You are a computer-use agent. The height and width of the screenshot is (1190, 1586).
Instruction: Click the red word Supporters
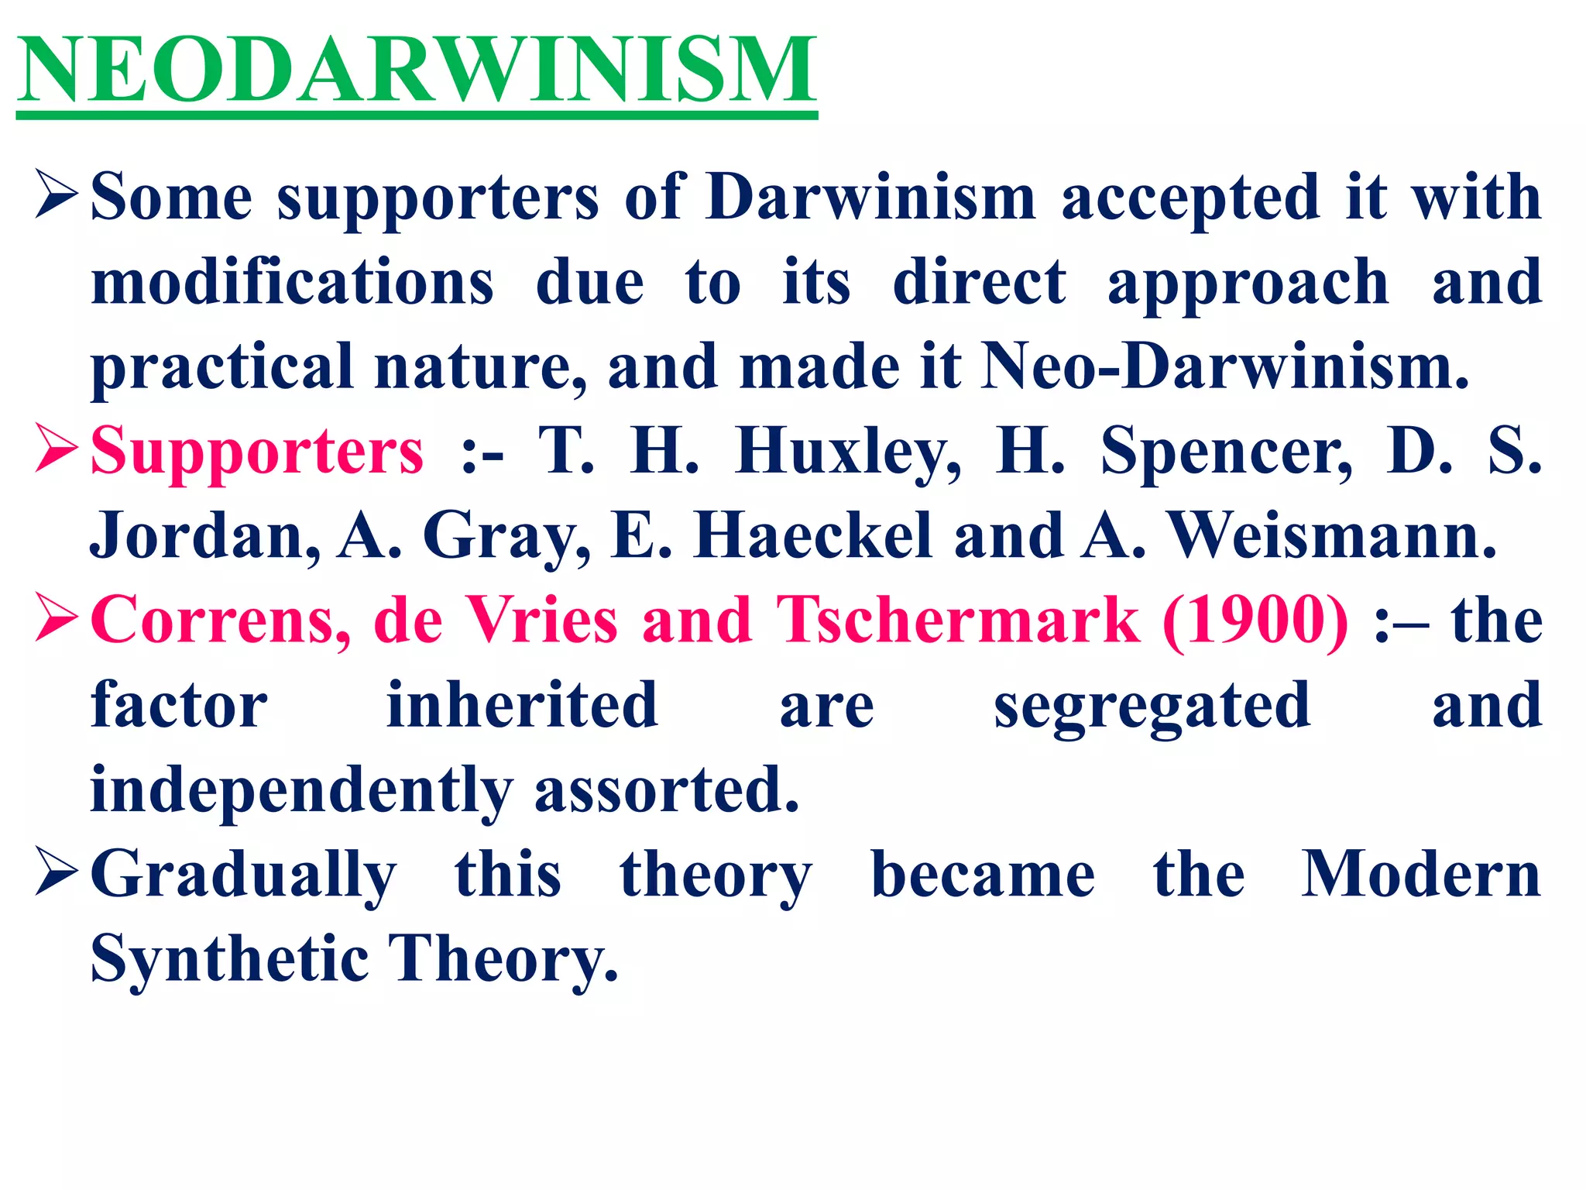[x=257, y=451]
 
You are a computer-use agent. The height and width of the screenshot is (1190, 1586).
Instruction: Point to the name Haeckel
[x=812, y=536]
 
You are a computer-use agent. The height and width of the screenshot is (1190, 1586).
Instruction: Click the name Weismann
[x=1332, y=536]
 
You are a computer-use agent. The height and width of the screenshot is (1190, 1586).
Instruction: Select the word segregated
[x=1152, y=705]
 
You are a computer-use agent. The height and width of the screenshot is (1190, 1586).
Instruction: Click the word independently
[x=302, y=790]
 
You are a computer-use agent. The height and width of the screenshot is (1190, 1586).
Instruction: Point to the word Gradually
[x=244, y=875]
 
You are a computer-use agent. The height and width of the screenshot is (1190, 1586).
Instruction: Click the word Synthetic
[x=229, y=959]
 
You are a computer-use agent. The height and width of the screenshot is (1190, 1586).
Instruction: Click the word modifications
[x=293, y=282]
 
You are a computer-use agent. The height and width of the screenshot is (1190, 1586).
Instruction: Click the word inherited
[x=523, y=705]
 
